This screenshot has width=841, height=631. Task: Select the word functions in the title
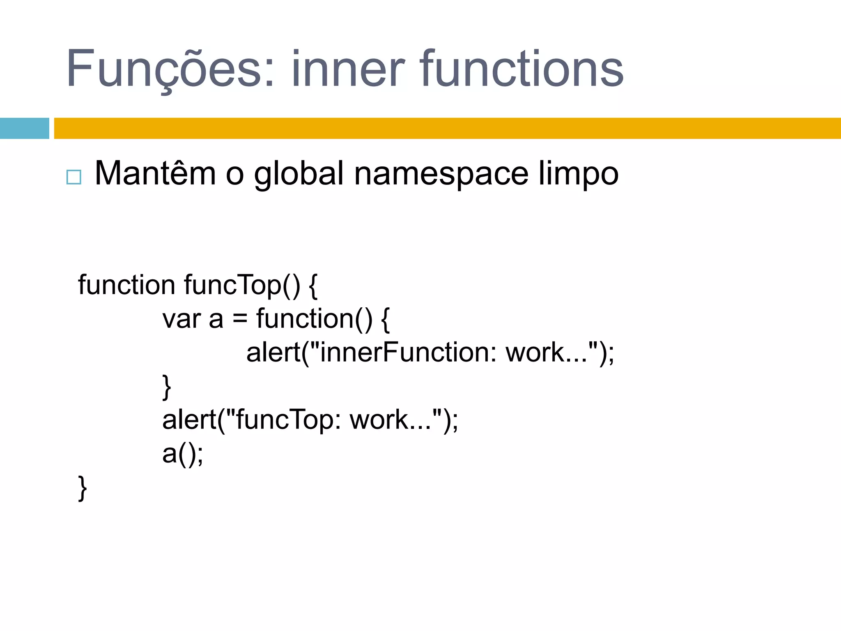click(522, 69)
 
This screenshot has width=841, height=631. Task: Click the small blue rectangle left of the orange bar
click(24, 128)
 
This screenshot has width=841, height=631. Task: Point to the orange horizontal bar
click(448, 128)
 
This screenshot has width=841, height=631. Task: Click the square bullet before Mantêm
click(74, 177)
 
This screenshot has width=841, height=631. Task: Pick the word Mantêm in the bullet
click(155, 174)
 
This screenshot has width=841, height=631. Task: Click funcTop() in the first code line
click(242, 285)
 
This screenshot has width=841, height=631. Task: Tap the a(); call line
click(182, 454)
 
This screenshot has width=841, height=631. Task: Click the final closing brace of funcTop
click(82, 488)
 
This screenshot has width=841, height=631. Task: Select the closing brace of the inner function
click(166, 387)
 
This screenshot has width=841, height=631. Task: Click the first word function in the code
click(126, 285)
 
